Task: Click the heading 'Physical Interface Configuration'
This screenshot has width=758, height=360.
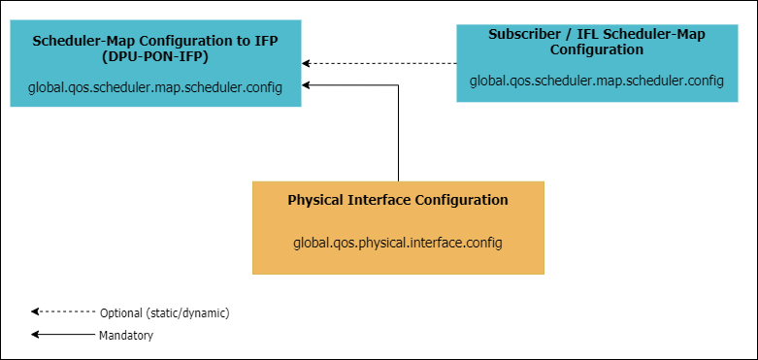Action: click(x=398, y=200)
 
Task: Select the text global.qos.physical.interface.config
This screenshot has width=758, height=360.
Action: click(x=398, y=243)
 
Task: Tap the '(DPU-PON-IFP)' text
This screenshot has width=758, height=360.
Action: click(x=154, y=56)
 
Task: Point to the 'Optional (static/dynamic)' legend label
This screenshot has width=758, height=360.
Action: click(x=164, y=313)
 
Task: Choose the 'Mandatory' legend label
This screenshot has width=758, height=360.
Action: click(x=126, y=335)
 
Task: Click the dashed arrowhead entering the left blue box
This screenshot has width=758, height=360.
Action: click(x=306, y=63)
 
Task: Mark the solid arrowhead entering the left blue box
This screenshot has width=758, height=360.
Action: click(x=306, y=85)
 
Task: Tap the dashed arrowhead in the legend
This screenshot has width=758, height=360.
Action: click(x=35, y=311)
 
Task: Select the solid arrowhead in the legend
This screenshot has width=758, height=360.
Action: click(x=35, y=334)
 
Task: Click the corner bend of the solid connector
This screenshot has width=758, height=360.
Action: click(x=398, y=85)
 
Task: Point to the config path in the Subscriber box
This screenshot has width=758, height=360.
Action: click(x=597, y=81)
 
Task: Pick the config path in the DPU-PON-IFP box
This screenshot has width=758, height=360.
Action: click(x=154, y=88)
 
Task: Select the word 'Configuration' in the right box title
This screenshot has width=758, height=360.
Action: click(x=597, y=49)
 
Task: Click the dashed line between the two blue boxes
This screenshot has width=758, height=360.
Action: click(x=379, y=63)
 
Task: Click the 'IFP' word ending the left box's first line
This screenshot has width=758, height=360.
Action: click(x=266, y=41)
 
